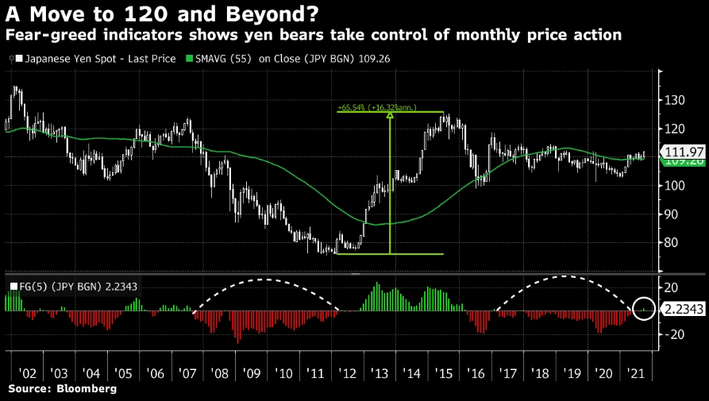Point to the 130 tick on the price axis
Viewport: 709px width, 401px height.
point(673,100)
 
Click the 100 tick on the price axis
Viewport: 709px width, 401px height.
point(673,186)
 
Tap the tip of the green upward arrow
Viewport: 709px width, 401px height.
point(390,115)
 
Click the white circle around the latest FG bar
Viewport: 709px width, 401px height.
point(645,308)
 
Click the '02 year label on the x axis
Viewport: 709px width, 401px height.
point(26,372)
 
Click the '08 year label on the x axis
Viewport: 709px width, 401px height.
point(220,372)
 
